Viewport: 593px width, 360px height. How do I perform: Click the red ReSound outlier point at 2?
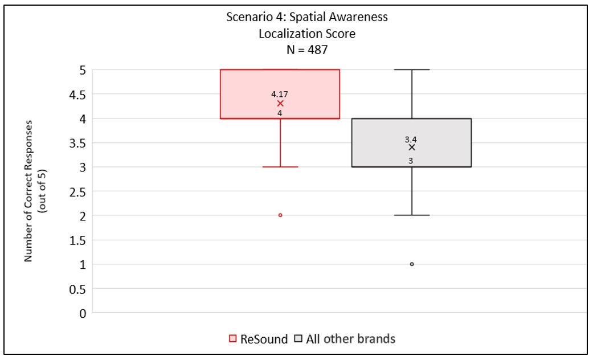pos(280,215)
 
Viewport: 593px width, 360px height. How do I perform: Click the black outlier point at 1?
pos(412,264)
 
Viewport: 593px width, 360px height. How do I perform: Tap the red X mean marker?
pos(280,104)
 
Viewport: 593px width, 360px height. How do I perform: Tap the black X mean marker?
pos(412,148)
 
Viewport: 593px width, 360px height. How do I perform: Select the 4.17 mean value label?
pos(280,94)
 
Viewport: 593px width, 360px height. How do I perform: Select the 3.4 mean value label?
pos(411,140)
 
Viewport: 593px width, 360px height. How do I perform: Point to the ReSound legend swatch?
pos(233,338)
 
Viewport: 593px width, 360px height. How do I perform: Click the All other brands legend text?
pos(350,339)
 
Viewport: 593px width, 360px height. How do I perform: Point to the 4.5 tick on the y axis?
pos(77,95)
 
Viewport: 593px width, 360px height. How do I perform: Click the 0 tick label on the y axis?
pos(83,313)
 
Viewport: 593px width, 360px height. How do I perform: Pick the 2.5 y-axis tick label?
pos(77,192)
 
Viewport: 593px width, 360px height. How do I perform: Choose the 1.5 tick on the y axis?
pos(77,240)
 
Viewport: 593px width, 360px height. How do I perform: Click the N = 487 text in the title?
pos(307,50)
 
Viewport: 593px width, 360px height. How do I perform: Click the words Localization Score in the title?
pos(307,34)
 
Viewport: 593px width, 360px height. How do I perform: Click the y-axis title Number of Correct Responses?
pos(28,191)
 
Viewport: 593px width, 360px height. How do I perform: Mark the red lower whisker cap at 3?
pos(280,167)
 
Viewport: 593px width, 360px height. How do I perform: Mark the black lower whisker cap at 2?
pos(412,215)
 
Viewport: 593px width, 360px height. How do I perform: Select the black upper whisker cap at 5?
pos(412,69)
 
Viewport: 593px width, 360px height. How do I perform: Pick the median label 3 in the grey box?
pos(411,161)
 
